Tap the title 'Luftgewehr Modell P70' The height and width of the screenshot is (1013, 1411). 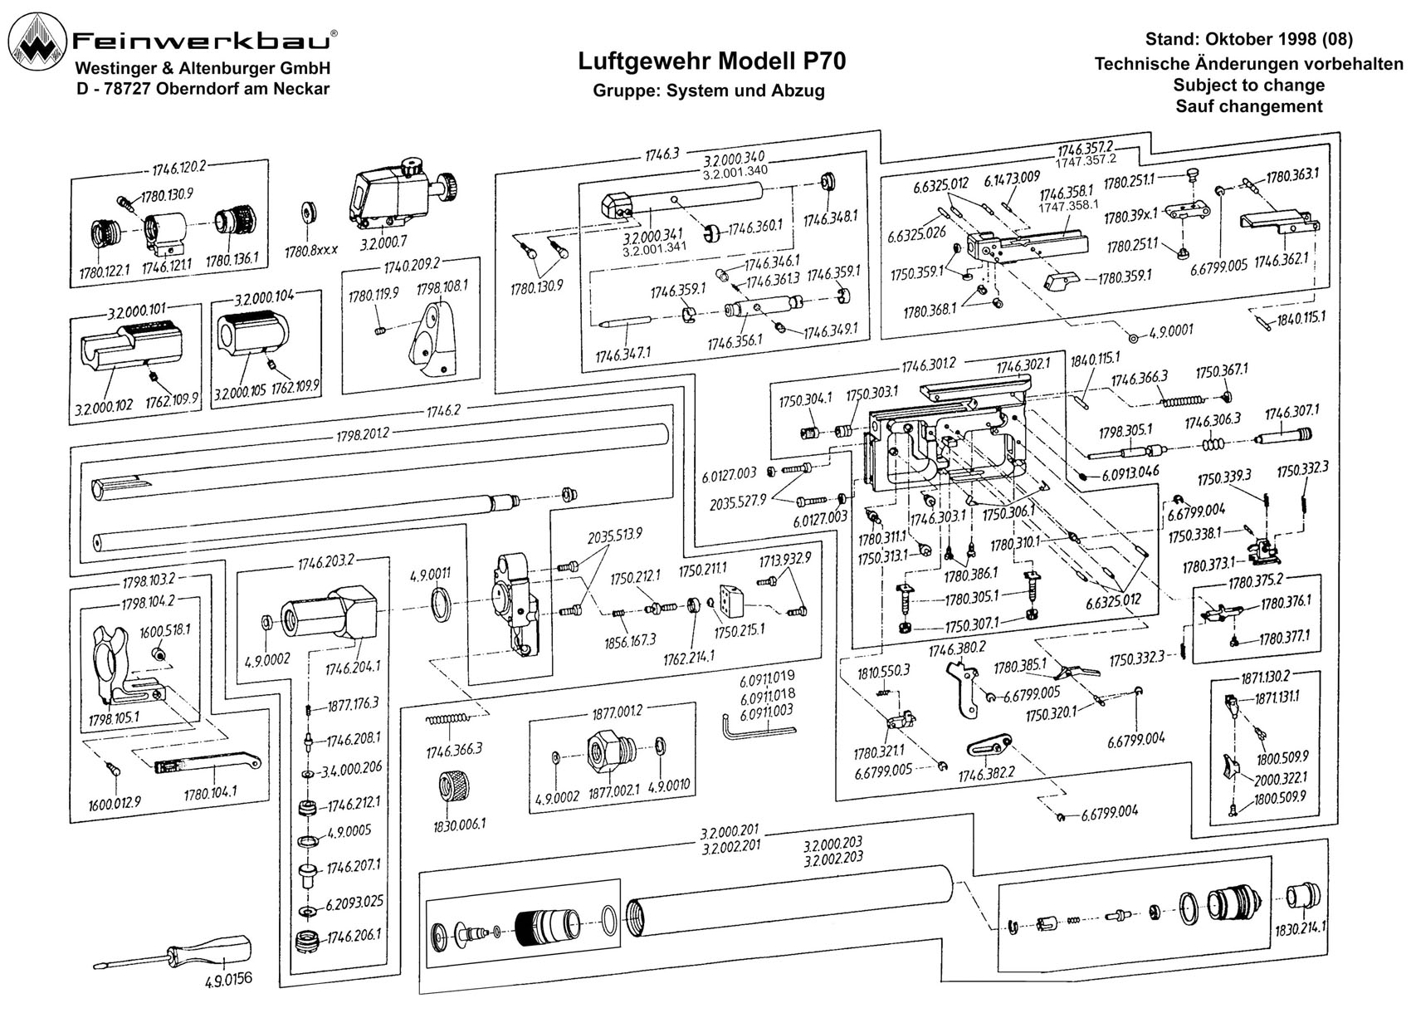pyautogui.click(x=712, y=61)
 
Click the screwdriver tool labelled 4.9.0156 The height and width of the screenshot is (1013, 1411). pyautogui.click(x=173, y=953)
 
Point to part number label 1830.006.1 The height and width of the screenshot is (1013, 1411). pyautogui.click(x=459, y=825)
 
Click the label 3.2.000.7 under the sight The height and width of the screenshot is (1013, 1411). pyautogui.click(x=383, y=242)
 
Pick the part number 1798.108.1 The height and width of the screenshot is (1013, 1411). pyautogui.click(x=442, y=287)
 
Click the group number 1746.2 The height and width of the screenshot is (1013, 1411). pyautogui.click(x=443, y=411)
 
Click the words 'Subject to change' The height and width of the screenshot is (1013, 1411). pyautogui.click(x=1249, y=85)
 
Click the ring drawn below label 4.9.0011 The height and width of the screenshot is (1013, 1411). pyautogui.click(x=443, y=602)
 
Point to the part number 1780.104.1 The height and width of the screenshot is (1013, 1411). pyautogui.click(x=210, y=792)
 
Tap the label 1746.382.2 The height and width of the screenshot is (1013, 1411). pyautogui.click(x=987, y=774)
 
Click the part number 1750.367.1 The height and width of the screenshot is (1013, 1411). pyautogui.click(x=1222, y=371)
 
